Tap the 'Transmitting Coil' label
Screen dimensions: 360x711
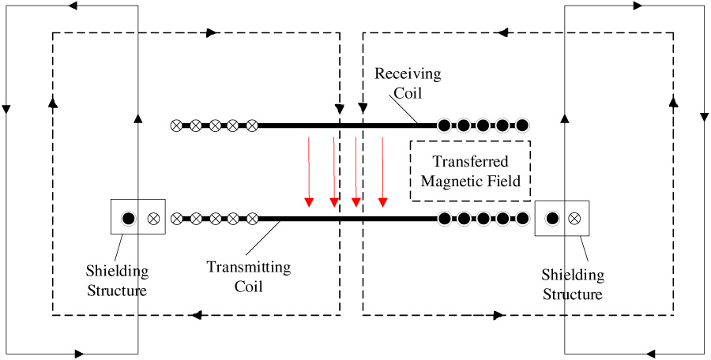(x=249, y=276)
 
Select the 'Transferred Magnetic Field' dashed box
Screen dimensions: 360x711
(x=470, y=171)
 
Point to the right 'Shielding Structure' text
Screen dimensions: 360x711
(x=573, y=284)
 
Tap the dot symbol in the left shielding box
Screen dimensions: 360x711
(x=126, y=217)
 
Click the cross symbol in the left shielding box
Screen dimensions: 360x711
(x=152, y=217)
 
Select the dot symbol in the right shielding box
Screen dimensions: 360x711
(x=551, y=217)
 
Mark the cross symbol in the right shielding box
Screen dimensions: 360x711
(x=576, y=217)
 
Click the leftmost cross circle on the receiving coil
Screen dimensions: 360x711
(x=176, y=126)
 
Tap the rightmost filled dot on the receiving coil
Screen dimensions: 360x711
(x=521, y=126)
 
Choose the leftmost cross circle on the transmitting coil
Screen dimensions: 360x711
(x=176, y=217)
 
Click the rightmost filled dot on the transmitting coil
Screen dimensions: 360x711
(x=521, y=217)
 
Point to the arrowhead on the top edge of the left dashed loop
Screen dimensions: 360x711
(x=212, y=33)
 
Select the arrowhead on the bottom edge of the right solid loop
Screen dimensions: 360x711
(x=649, y=352)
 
